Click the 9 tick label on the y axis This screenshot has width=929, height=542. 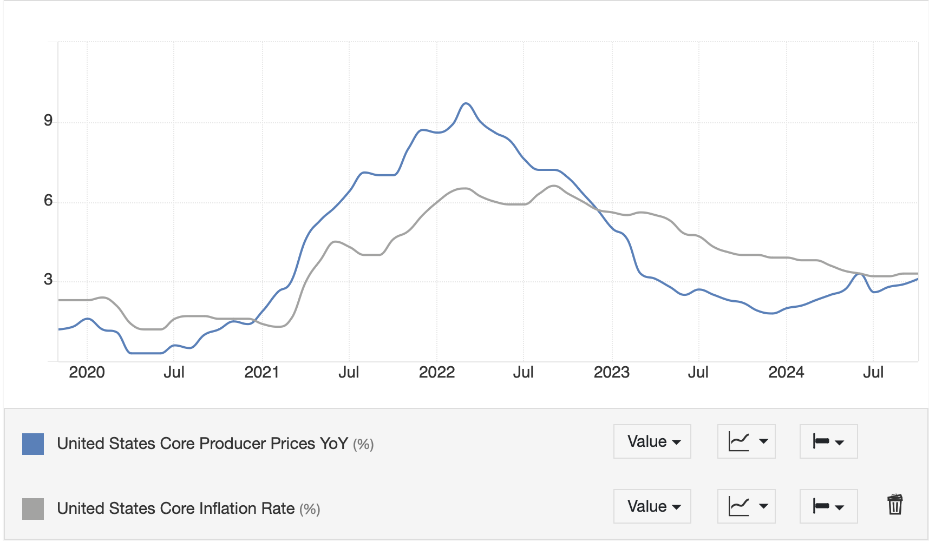click(48, 121)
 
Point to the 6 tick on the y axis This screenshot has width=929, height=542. click(48, 201)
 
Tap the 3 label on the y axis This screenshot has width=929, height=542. click(48, 280)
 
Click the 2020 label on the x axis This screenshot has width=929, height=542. click(87, 372)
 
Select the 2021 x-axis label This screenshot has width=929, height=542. click(261, 372)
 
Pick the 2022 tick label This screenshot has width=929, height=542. click(437, 372)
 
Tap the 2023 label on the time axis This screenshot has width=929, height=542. click(612, 372)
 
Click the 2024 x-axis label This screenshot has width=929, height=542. click(786, 372)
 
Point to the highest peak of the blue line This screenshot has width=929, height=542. click(466, 103)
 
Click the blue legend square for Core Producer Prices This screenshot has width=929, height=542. click(33, 444)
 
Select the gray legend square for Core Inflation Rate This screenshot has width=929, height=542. click(33, 509)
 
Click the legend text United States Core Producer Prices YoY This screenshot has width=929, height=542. click(202, 444)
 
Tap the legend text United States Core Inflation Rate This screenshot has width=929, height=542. click(176, 508)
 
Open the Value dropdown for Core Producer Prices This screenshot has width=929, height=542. click(652, 441)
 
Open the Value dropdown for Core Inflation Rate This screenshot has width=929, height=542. click(652, 506)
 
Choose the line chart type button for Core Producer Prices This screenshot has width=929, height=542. click(747, 441)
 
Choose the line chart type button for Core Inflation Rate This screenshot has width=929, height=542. click(747, 506)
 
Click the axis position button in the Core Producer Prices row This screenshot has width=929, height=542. click(828, 441)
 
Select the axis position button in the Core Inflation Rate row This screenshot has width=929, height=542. click(828, 506)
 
